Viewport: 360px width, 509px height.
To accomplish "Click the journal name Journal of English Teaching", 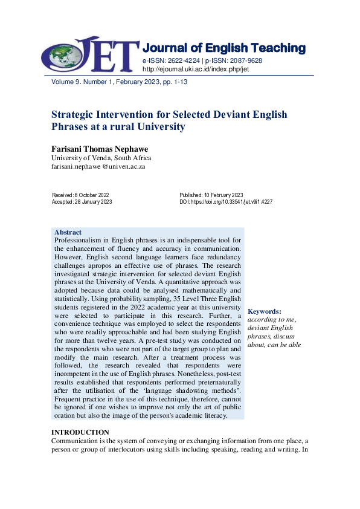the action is pyautogui.click(x=223, y=48).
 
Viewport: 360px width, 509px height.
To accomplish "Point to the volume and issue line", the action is pyautogui.click(x=115, y=82).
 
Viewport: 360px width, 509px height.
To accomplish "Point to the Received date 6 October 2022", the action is pyautogui.click(x=81, y=195).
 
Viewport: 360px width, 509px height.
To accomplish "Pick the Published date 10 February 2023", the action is pyautogui.click(x=211, y=195).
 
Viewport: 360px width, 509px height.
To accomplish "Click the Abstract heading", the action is pyautogui.click(x=68, y=232).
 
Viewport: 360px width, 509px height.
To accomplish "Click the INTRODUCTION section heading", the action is pyautogui.click(x=80, y=432).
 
